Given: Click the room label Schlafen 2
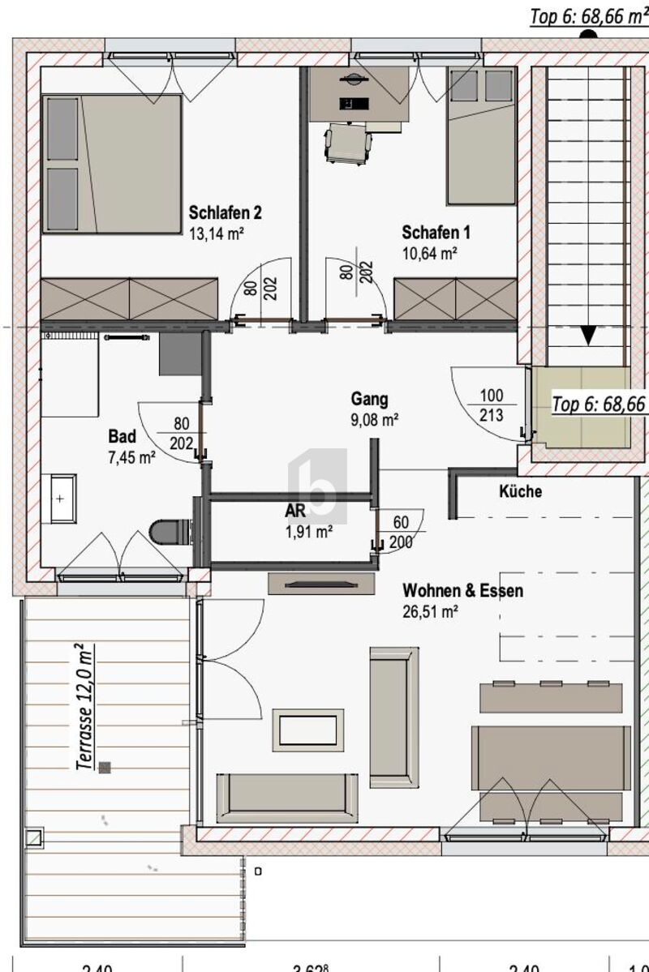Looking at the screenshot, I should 225,213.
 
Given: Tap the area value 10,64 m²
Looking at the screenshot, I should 429,253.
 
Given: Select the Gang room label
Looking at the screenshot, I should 369,399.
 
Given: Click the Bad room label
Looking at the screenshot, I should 122,437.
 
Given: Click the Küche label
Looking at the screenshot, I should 520,491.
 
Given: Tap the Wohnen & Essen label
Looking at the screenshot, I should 462,591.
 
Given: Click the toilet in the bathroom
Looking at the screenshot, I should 170,533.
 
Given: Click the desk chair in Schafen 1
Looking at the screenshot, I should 348,143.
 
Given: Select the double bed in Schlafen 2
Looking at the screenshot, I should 112,164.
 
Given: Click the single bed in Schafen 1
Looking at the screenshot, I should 481,135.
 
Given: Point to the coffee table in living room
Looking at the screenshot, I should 307,730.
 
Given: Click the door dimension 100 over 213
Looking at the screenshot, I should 492,406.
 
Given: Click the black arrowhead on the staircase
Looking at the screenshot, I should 588,336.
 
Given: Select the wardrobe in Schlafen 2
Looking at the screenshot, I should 130,298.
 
